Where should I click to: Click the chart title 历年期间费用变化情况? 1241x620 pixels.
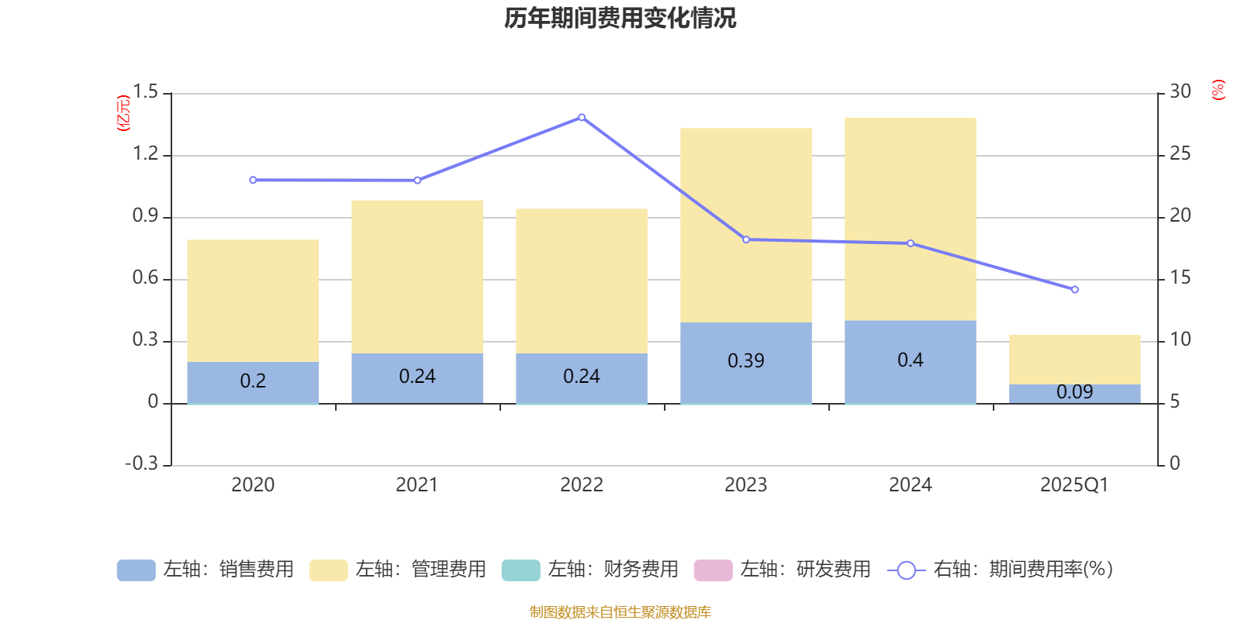(620, 18)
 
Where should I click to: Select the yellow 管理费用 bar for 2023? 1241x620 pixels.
(745, 225)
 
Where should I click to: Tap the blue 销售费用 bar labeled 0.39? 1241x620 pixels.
(745, 362)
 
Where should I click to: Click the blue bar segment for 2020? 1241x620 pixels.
(253, 381)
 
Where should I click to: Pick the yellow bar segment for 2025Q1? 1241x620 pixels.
(1074, 359)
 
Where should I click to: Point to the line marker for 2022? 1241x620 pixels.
(582, 118)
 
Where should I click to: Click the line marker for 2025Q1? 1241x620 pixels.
(1074, 290)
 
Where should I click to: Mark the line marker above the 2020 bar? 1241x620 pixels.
(253, 181)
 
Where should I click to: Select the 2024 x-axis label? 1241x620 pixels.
(910, 485)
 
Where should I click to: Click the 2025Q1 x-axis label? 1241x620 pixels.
(1074, 485)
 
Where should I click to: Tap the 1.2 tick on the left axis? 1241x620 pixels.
(145, 154)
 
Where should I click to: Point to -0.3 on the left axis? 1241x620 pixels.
(141, 463)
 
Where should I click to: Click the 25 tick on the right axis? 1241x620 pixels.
(1180, 154)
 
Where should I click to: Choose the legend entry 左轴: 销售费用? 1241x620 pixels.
(206, 570)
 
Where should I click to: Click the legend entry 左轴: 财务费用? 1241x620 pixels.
(589, 570)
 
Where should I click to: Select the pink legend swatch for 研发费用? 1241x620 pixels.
(713, 570)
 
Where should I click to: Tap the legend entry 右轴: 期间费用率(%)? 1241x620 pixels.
(1001, 570)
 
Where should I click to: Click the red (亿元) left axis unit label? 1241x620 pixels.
(123, 113)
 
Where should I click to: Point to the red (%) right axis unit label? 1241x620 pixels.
(1218, 90)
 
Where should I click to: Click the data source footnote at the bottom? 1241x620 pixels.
(620, 612)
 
